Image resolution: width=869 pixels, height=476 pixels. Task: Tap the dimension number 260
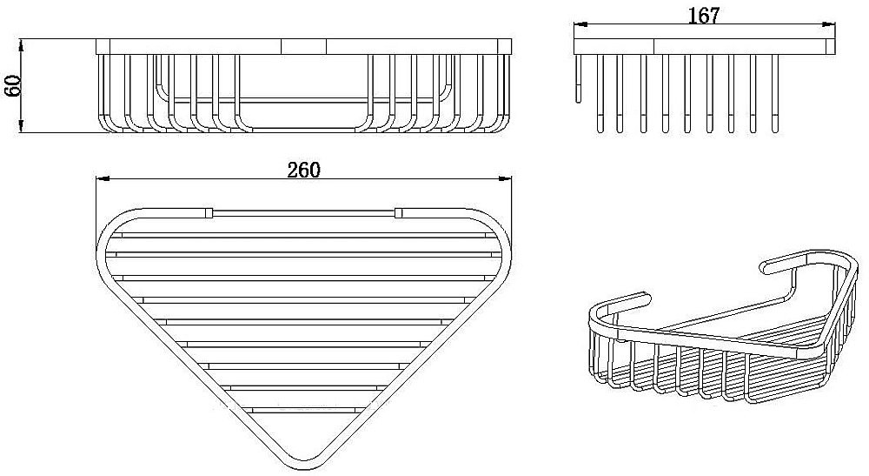click(x=303, y=170)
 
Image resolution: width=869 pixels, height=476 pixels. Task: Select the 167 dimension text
click(x=703, y=16)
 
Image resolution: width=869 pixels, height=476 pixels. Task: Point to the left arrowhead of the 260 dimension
click(x=103, y=178)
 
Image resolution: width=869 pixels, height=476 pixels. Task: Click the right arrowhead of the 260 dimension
click(x=505, y=178)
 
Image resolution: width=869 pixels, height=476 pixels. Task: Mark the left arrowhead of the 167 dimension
click(x=580, y=23)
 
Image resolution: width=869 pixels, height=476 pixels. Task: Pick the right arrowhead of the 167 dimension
click(x=828, y=23)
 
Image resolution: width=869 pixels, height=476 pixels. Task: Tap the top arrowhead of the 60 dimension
click(x=21, y=45)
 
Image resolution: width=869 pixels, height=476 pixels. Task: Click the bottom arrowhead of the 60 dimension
click(x=21, y=126)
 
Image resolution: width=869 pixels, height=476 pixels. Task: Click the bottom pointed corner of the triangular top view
click(x=303, y=462)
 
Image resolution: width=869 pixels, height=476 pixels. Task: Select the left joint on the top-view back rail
click(x=209, y=212)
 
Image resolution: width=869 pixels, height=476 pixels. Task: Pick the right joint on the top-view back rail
click(x=399, y=212)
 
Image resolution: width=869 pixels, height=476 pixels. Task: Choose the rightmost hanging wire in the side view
click(x=775, y=94)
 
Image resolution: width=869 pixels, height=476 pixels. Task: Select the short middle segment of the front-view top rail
click(x=303, y=47)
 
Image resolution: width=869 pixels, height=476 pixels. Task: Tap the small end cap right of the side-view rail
click(x=831, y=47)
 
